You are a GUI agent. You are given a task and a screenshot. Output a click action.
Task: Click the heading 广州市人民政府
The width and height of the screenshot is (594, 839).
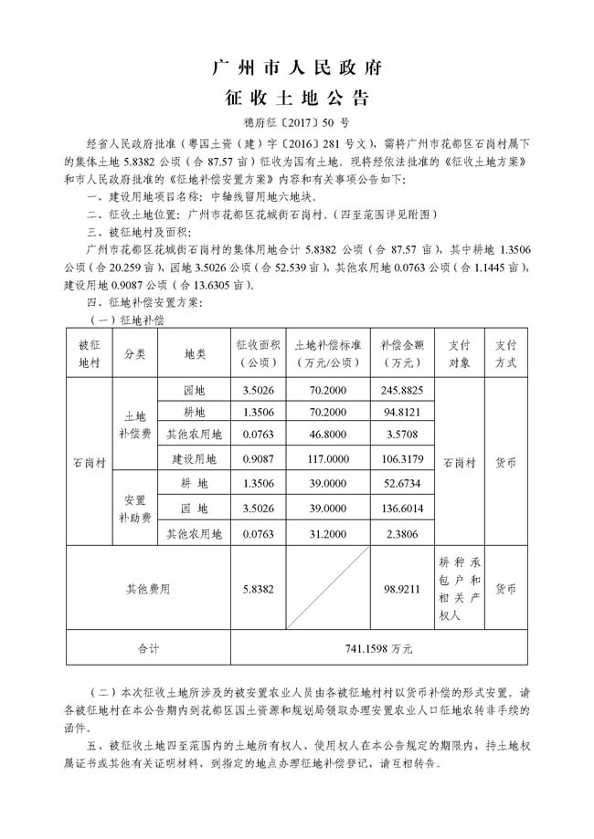(296, 68)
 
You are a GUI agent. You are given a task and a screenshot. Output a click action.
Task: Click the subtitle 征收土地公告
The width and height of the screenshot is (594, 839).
(296, 97)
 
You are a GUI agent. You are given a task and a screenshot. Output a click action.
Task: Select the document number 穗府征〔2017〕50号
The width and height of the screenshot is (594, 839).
(296, 121)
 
